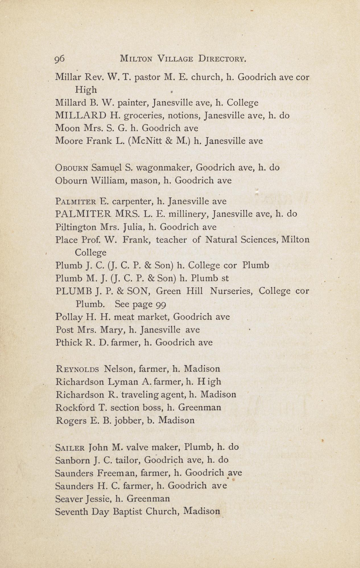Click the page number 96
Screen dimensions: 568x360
pyautogui.click(x=60, y=59)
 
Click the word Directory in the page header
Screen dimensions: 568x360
pyautogui.click(x=222, y=59)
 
